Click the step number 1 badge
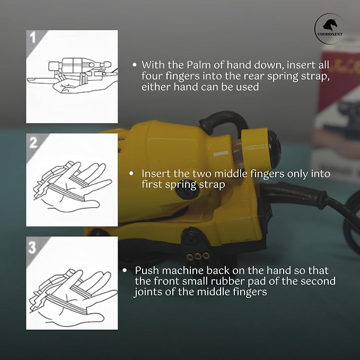click(x=33, y=37)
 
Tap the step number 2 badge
click(x=33, y=143)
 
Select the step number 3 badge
click(x=32, y=247)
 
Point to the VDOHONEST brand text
click(x=330, y=34)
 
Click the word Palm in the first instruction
click(x=198, y=65)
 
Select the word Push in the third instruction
click(x=147, y=270)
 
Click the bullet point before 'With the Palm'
click(x=135, y=65)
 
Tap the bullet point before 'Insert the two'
click(x=131, y=173)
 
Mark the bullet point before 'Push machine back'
click(x=125, y=270)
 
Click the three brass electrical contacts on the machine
click(x=198, y=256)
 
